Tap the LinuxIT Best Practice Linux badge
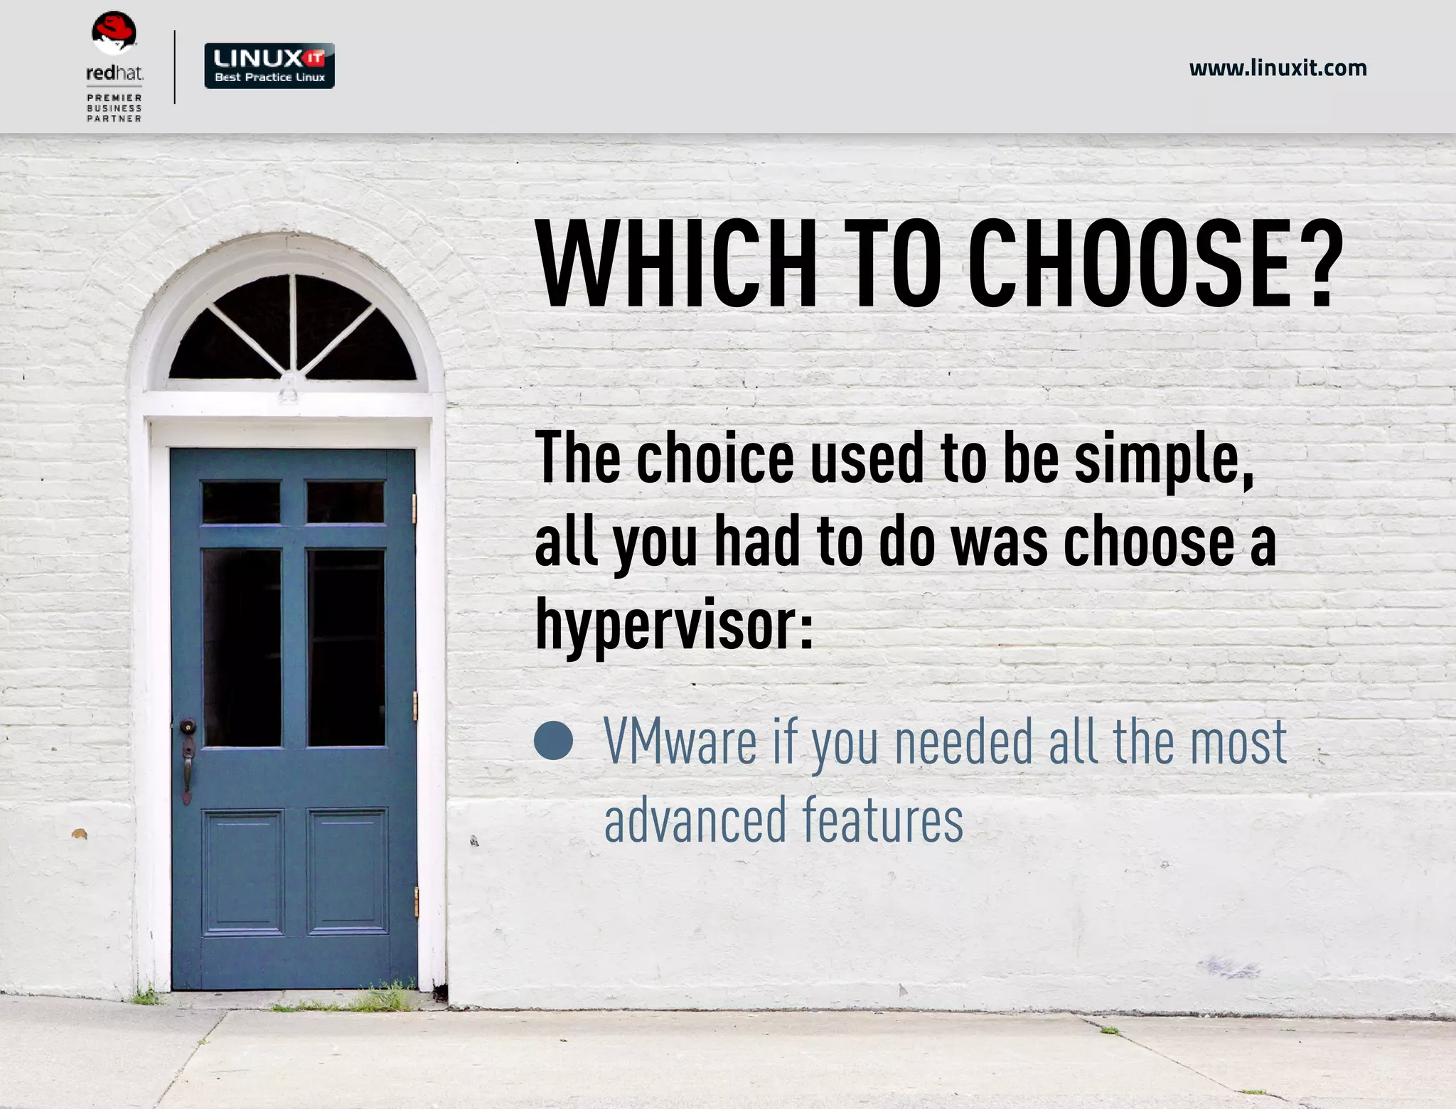[269, 66]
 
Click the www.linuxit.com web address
[1278, 68]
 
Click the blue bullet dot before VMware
[553, 741]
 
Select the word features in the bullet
[883, 820]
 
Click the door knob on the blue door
[188, 727]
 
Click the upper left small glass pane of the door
[241, 502]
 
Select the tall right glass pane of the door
[346, 647]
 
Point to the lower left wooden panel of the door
[242, 872]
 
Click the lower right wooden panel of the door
[347, 872]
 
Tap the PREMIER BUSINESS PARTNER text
[114, 108]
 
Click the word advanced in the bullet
[695, 820]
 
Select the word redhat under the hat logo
[114, 73]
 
